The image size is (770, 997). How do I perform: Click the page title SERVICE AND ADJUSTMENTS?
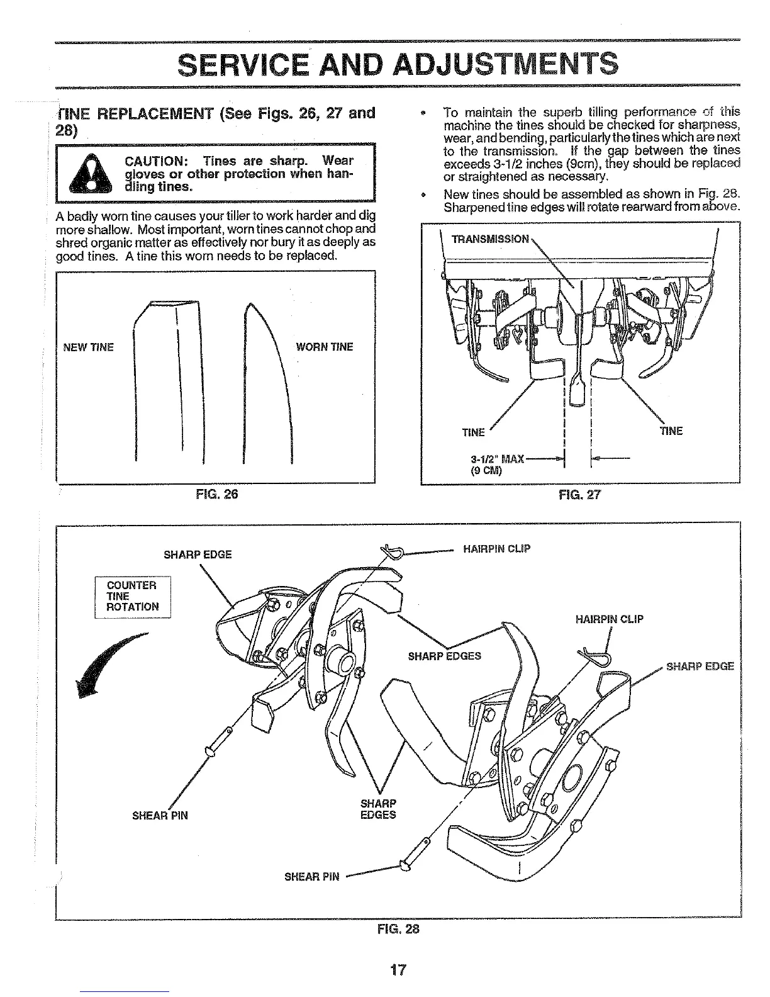coord(397,63)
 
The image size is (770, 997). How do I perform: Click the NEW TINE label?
coord(88,347)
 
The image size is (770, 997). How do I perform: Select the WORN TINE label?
coord(325,347)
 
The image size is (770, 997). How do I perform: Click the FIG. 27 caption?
coord(580,494)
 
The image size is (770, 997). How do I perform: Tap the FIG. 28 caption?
coord(398,928)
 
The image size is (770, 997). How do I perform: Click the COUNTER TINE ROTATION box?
coord(132,596)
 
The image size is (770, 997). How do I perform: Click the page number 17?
coord(398,969)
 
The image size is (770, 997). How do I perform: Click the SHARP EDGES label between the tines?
coord(444,656)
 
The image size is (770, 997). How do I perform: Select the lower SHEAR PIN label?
coord(312,876)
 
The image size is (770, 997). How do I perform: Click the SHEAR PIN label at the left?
coord(160,816)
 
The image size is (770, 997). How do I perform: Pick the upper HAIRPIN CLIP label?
coord(496,549)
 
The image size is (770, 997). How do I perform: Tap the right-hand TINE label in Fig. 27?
coord(671,431)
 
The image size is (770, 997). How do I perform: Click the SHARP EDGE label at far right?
coord(700,666)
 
